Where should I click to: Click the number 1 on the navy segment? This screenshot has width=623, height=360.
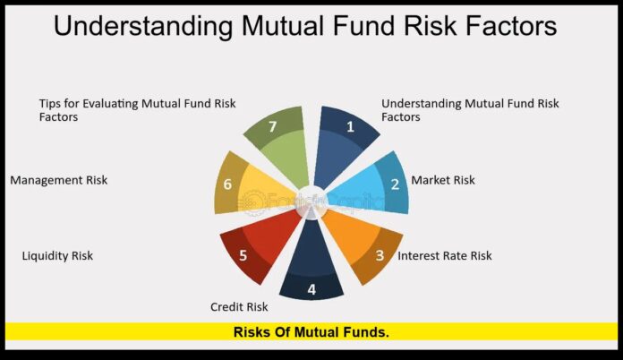tap(350, 127)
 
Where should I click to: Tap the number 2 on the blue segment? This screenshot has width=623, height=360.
tap(395, 184)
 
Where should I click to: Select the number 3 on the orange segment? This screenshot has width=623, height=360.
tap(380, 255)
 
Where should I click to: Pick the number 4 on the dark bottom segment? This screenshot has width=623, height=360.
tap(311, 289)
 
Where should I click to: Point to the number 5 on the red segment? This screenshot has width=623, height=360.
tap(242, 255)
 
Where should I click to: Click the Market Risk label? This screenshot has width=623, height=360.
tap(443, 180)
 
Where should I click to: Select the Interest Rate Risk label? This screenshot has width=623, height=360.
tap(445, 255)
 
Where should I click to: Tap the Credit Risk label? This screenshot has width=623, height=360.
tap(240, 307)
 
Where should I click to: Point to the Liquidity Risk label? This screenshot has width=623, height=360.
tap(57, 256)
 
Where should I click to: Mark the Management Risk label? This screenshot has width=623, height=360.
tap(58, 180)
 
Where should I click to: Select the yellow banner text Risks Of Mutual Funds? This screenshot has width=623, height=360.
tap(311, 331)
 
